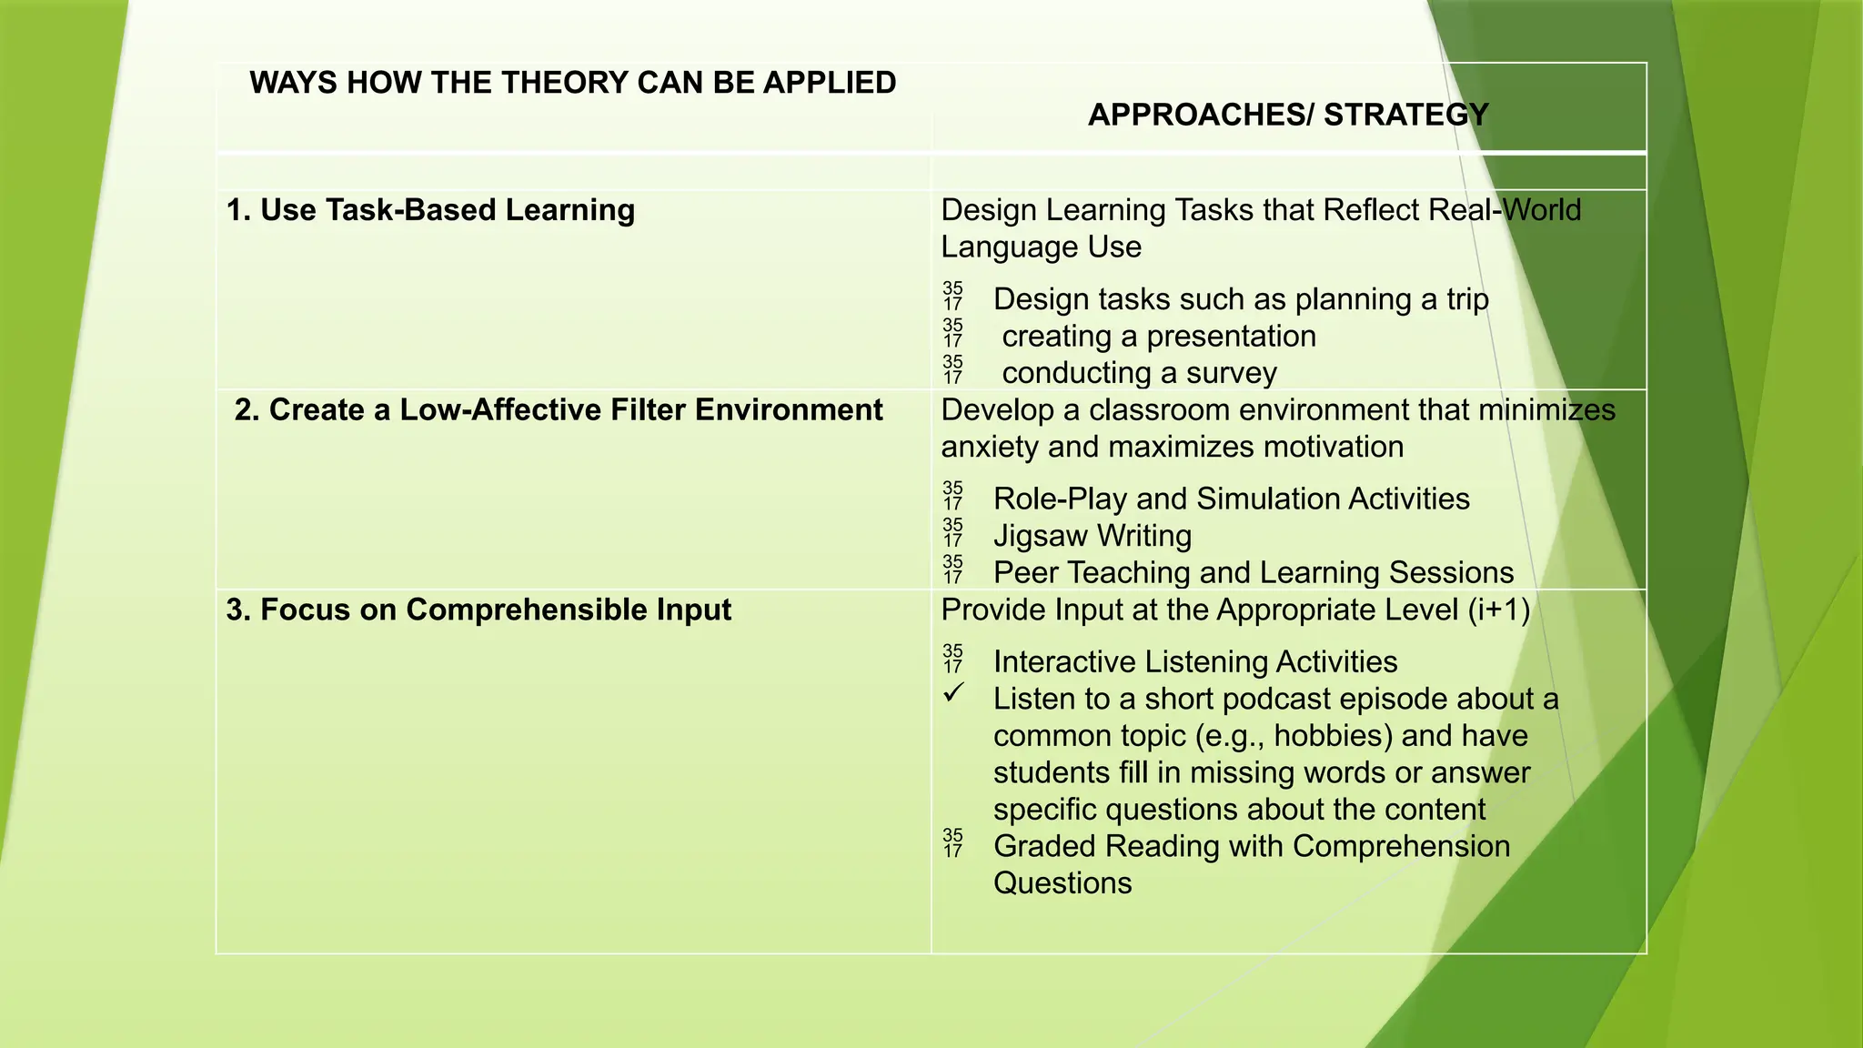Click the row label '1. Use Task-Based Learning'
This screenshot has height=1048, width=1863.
pos(430,210)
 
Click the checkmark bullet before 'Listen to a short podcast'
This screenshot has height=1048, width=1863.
pos(953,694)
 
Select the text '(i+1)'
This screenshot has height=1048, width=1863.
pos(1499,610)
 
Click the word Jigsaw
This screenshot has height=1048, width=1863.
pos(1041,536)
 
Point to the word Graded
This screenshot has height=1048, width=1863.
pos(1047,846)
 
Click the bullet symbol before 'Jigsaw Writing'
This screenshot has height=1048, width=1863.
pos(952,533)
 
